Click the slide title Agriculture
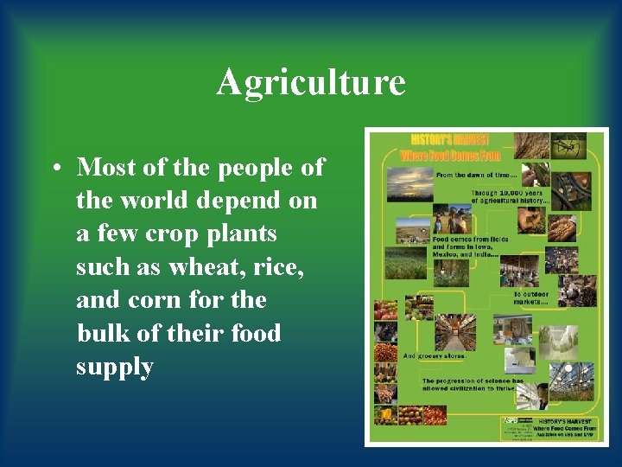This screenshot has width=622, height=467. [310, 83]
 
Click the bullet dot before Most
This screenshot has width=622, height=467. [54, 168]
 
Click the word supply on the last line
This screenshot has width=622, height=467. [114, 367]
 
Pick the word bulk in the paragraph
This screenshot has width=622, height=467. [102, 333]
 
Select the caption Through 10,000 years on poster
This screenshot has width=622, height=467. [509, 197]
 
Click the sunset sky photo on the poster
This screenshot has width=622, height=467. [409, 183]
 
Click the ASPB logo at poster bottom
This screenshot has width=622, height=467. [515, 425]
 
